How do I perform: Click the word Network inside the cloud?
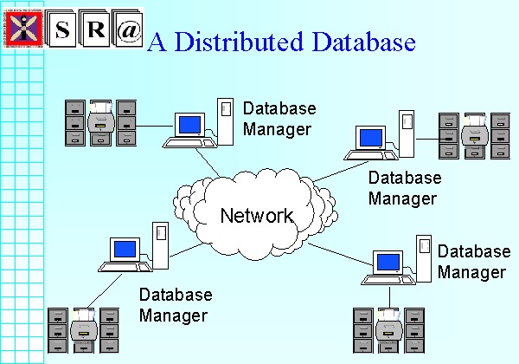(257, 215)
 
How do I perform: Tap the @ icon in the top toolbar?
(127, 29)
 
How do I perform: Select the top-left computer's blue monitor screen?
(189, 126)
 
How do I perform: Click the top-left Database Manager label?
(279, 119)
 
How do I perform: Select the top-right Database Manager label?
(405, 187)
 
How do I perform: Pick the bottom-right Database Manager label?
(473, 261)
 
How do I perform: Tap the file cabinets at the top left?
(101, 121)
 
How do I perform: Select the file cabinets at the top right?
(472, 135)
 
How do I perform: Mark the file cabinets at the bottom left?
(83, 328)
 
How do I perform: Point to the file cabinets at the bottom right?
(389, 328)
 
